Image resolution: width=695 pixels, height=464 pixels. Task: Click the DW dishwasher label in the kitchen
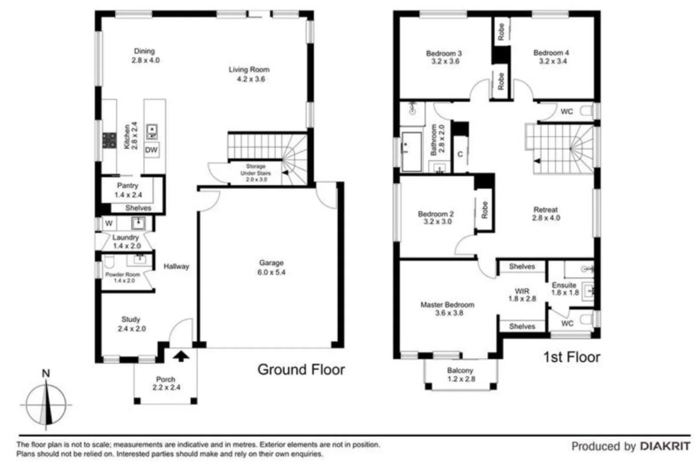pos(151,150)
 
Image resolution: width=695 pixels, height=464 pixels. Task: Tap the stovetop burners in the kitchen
pos(109,140)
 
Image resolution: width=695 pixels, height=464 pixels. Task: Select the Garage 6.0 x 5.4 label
pos(271,267)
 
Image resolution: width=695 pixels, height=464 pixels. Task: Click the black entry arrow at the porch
pos(181,356)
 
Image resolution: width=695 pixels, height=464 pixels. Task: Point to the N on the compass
pos(45,373)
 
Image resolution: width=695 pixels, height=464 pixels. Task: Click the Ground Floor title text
pos(301,369)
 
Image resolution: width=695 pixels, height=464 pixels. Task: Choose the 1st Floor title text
pos(571,357)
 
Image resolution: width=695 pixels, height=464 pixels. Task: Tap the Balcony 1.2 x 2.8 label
pos(461,374)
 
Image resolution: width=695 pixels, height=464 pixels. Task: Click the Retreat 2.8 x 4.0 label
pos(546,214)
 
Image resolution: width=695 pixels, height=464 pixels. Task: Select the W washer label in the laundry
pos(109,223)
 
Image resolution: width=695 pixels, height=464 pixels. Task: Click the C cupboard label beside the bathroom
pos(460,154)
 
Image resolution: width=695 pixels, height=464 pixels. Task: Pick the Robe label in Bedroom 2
pos(484,210)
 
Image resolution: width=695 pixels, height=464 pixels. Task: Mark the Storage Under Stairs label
pos(256,173)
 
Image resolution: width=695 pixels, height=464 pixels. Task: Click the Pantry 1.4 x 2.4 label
pos(128,190)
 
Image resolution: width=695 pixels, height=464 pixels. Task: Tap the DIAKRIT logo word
pos(665,446)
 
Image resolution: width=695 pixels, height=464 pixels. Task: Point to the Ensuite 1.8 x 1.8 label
pos(565,289)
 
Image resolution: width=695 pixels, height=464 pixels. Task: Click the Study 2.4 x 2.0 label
pos(131,324)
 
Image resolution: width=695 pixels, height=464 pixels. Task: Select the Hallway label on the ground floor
pos(176,266)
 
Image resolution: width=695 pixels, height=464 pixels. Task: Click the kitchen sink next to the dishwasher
pos(152,131)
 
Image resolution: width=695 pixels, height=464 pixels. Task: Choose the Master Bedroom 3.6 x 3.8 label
pos(447,308)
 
